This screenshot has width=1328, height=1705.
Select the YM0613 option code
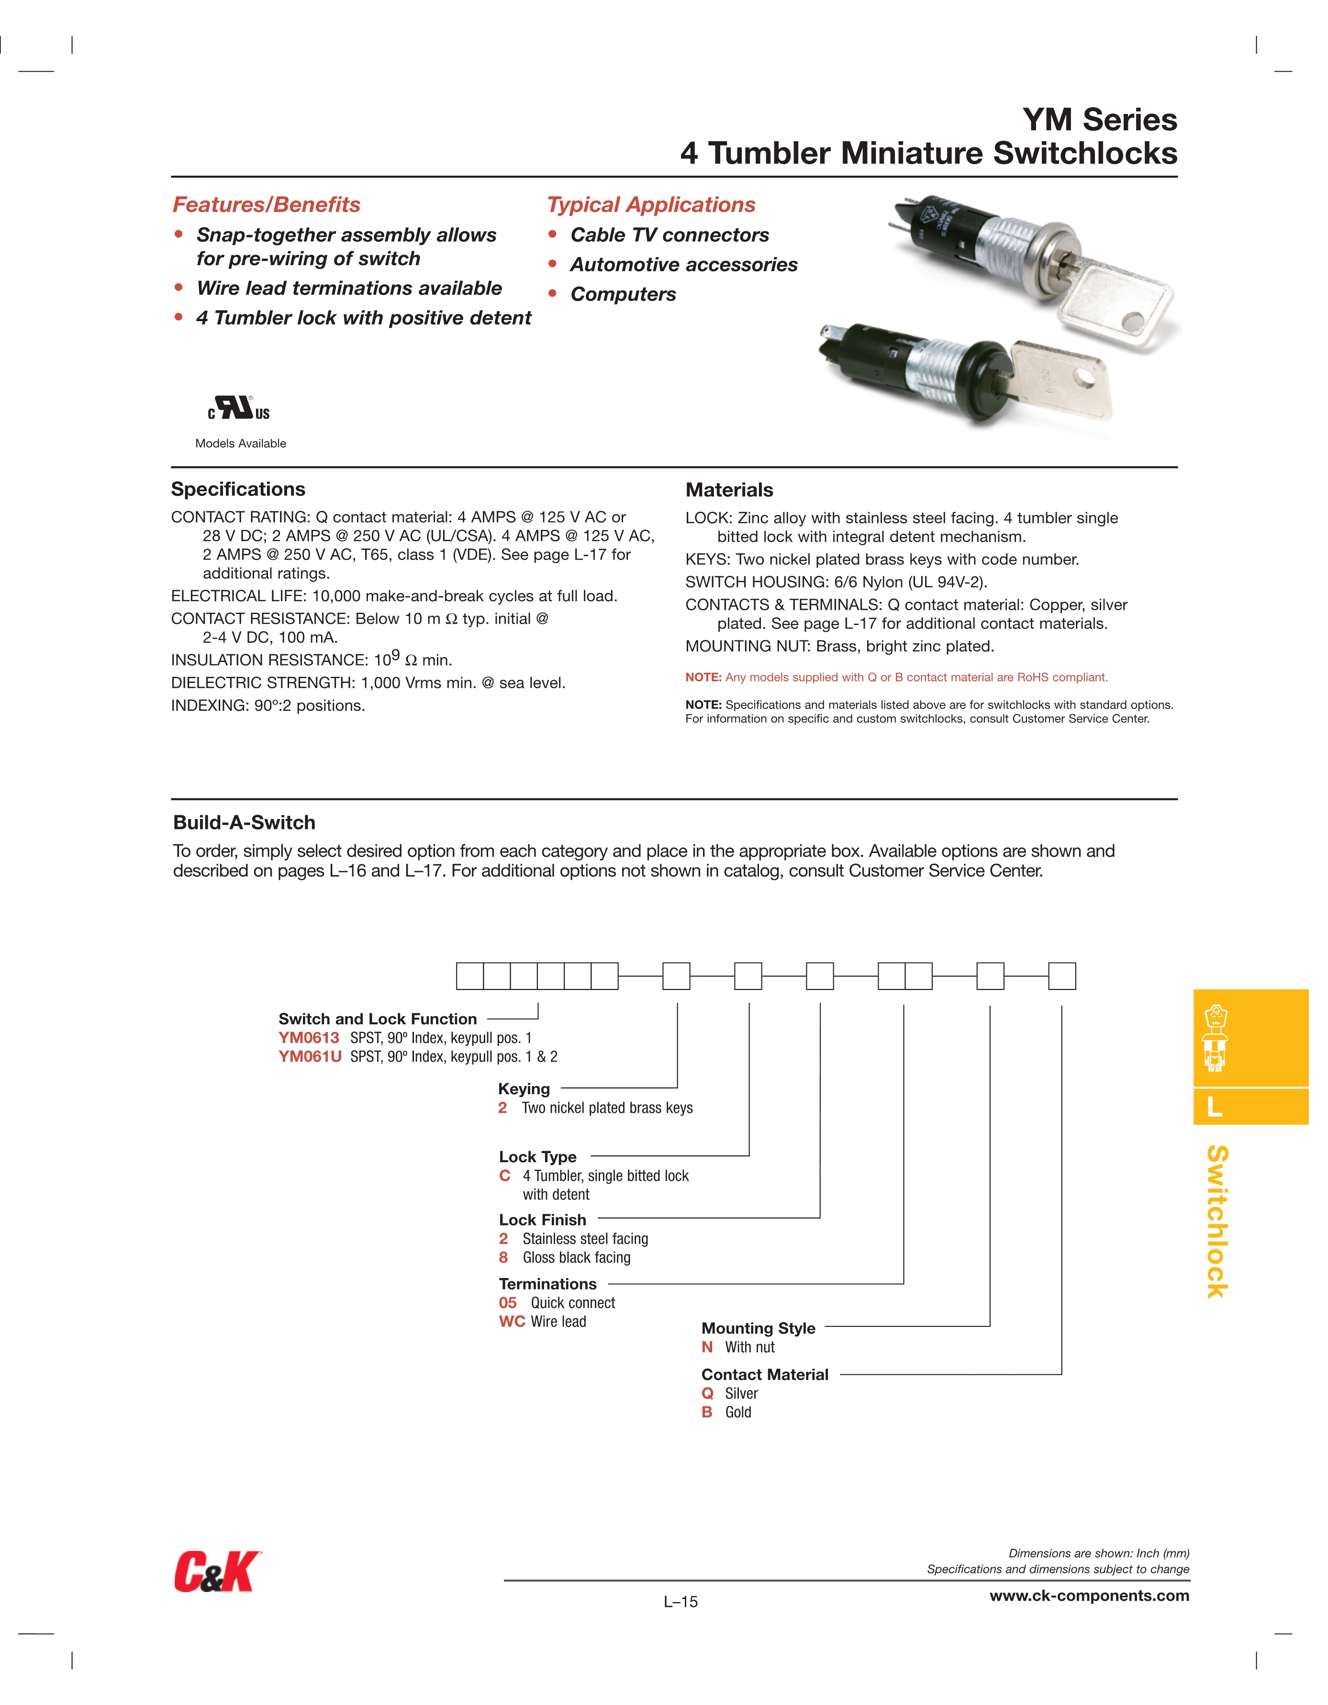tap(309, 1038)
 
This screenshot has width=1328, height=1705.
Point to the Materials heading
tap(729, 490)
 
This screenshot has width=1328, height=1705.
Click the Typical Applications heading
tap(651, 204)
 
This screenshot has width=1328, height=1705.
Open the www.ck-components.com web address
tap(1089, 1596)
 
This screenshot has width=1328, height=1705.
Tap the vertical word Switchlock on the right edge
tap(1217, 1222)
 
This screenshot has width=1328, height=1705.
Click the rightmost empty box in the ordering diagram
tap(1062, 976)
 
